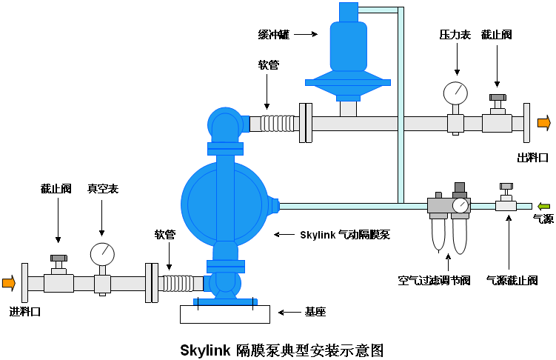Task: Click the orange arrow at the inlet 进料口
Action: pos(9,282)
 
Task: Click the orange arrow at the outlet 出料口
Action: pos(544,123)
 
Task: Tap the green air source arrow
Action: pos(544,205)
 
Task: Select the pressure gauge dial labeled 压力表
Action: pos(455,93)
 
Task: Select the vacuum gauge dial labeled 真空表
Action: pos(102,254)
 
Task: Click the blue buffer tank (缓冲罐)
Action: pos(348,52)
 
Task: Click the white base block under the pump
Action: pos(224,313)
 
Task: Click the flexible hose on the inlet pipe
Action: pos(178,283)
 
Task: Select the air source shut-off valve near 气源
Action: pos(506,199)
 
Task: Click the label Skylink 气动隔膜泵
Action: pos(344,235)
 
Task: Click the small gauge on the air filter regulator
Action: pos(460,205)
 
